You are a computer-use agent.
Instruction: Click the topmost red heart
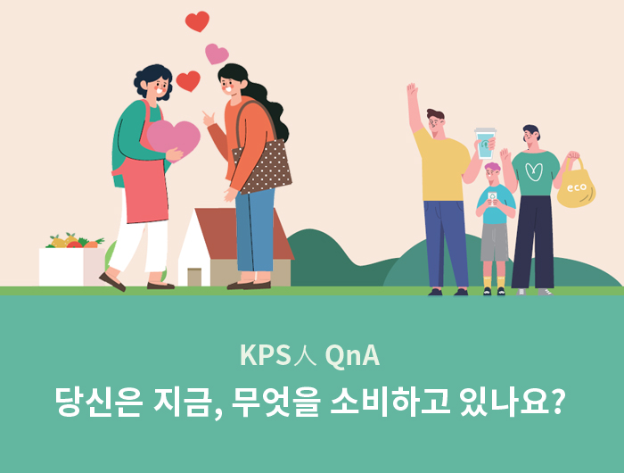(197, 21)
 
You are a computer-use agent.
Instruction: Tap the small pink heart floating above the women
(217, 54)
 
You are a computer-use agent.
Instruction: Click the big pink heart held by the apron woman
(174, 139)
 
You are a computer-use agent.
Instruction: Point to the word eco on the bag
(577, 187)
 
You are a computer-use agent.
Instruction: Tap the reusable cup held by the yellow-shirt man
(486, 143)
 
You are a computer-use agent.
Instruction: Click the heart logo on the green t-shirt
(534, 171)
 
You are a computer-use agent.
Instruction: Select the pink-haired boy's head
(493, 171)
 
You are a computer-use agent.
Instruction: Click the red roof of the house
(242, 233)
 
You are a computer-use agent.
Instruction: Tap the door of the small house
(194, 277)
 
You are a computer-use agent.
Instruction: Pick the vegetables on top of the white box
(75, 241)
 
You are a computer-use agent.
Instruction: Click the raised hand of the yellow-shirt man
(412, 89)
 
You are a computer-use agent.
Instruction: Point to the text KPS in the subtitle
(266, 354)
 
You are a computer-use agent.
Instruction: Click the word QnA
(352, 355)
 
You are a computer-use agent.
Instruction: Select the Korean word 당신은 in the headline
(98, 402)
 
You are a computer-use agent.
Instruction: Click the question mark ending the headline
(558, 401)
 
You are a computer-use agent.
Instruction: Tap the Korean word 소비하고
(390, 402)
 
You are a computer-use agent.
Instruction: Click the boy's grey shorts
(494, 242)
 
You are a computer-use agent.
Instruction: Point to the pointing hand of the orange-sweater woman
(209, 119)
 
